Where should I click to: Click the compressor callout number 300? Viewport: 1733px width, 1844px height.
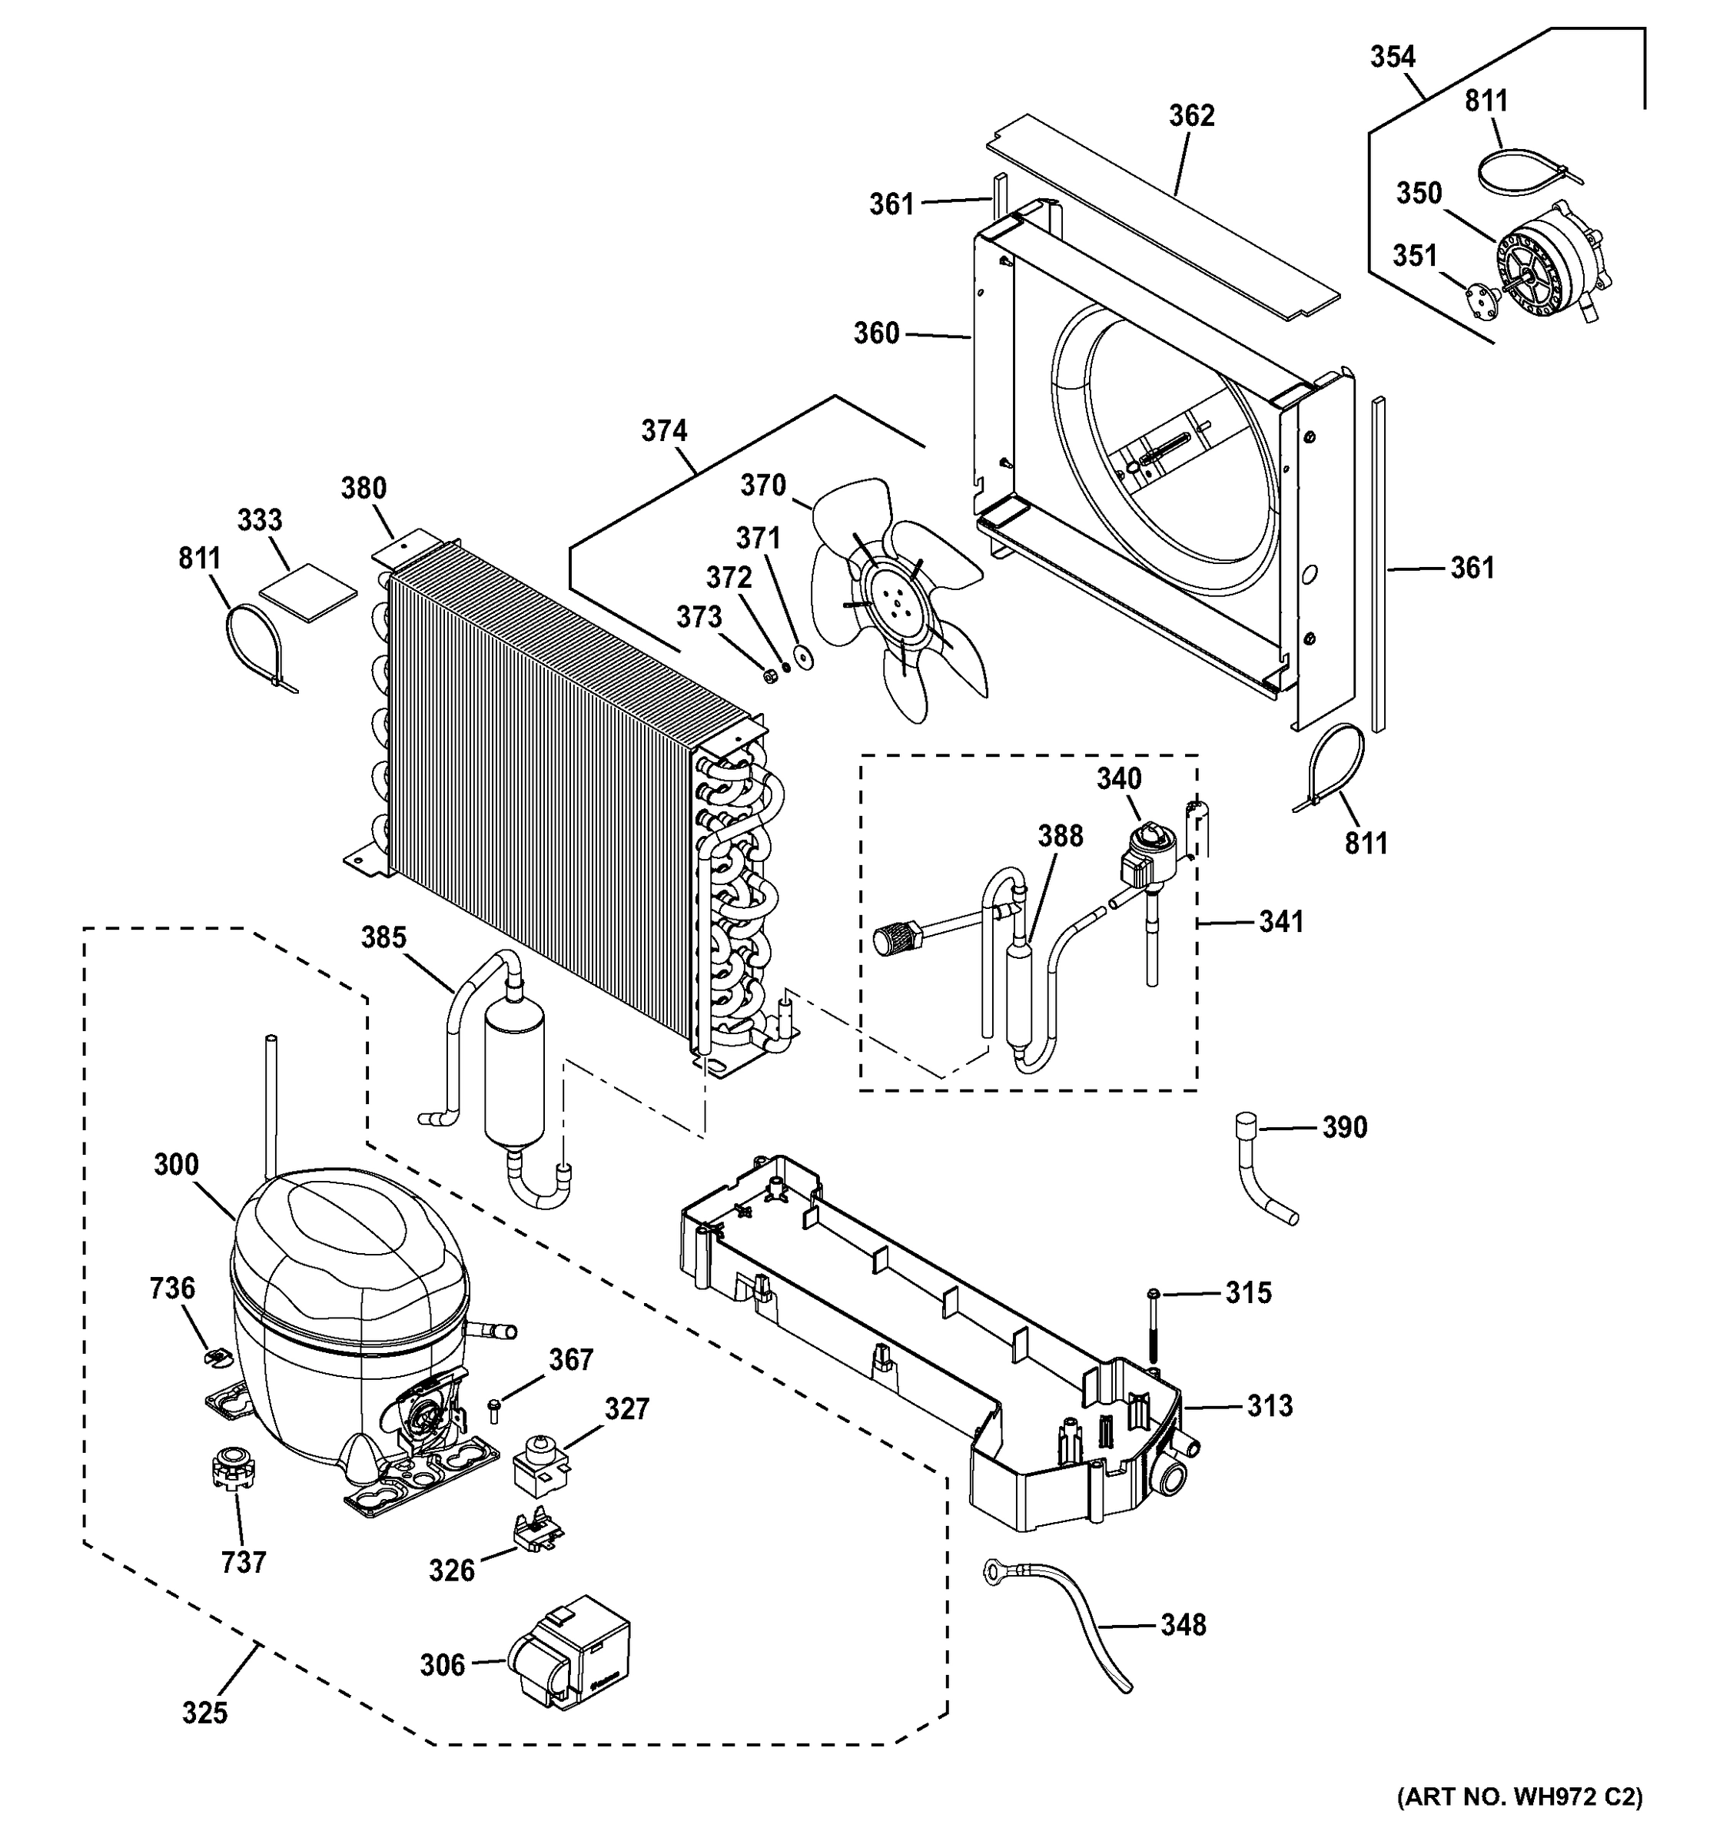[x=176, y=1164]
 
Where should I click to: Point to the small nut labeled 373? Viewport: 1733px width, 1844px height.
[x=769, y=675]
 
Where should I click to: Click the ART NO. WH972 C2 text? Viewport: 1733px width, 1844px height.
[x=1519, y=1796]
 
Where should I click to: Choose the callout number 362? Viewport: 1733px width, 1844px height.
[x=1191, y=116]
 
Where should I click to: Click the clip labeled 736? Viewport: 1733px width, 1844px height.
[x=215, y=1356]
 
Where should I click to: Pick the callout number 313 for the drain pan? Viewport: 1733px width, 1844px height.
[x=1269, y=1406]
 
